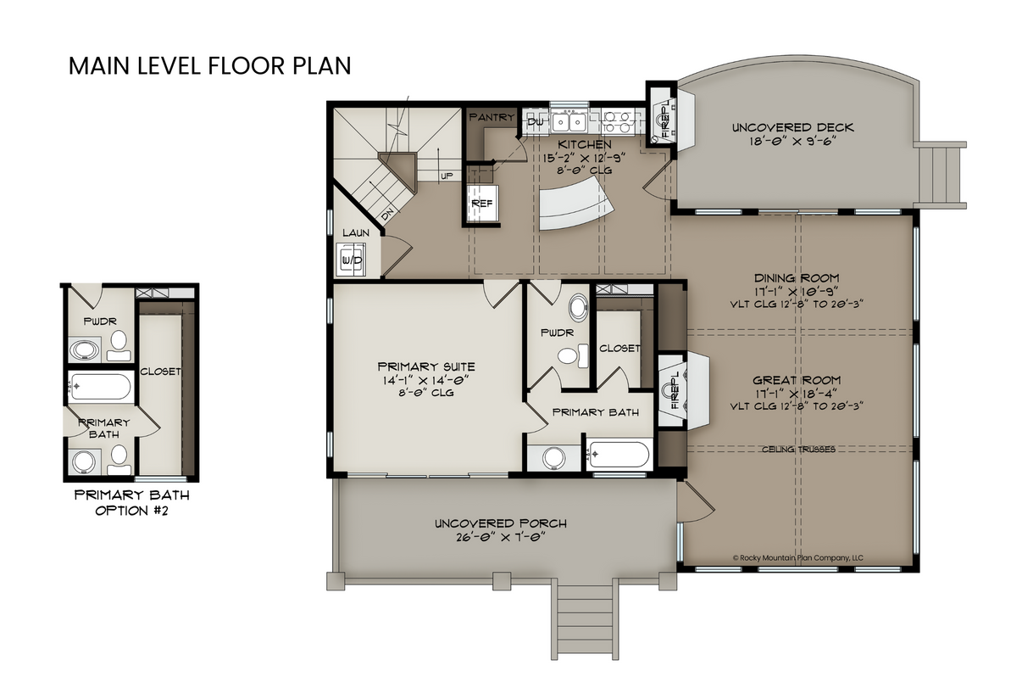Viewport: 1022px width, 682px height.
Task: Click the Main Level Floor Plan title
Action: click(x=209, y=66)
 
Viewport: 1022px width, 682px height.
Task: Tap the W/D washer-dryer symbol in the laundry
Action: click(x=352, y=259)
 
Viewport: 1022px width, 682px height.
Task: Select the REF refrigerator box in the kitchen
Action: click(x=480, y=204)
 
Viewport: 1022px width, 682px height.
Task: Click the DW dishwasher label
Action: click(x=536, y=122)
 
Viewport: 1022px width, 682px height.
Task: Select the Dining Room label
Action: click(x=797, y=277)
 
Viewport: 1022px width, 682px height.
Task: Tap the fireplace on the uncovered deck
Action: click(x=666, y=119)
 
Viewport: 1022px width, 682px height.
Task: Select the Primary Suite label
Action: click(x=426, y=366)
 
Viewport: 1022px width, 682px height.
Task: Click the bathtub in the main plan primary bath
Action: click(x=619, y=455)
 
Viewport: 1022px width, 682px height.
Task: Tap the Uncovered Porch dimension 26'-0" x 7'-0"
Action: click(x=500, y=536)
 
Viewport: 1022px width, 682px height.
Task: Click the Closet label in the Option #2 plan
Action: click(x=160, y=371)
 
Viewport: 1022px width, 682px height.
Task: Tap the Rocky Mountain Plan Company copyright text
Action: click(x=797, y=557)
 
